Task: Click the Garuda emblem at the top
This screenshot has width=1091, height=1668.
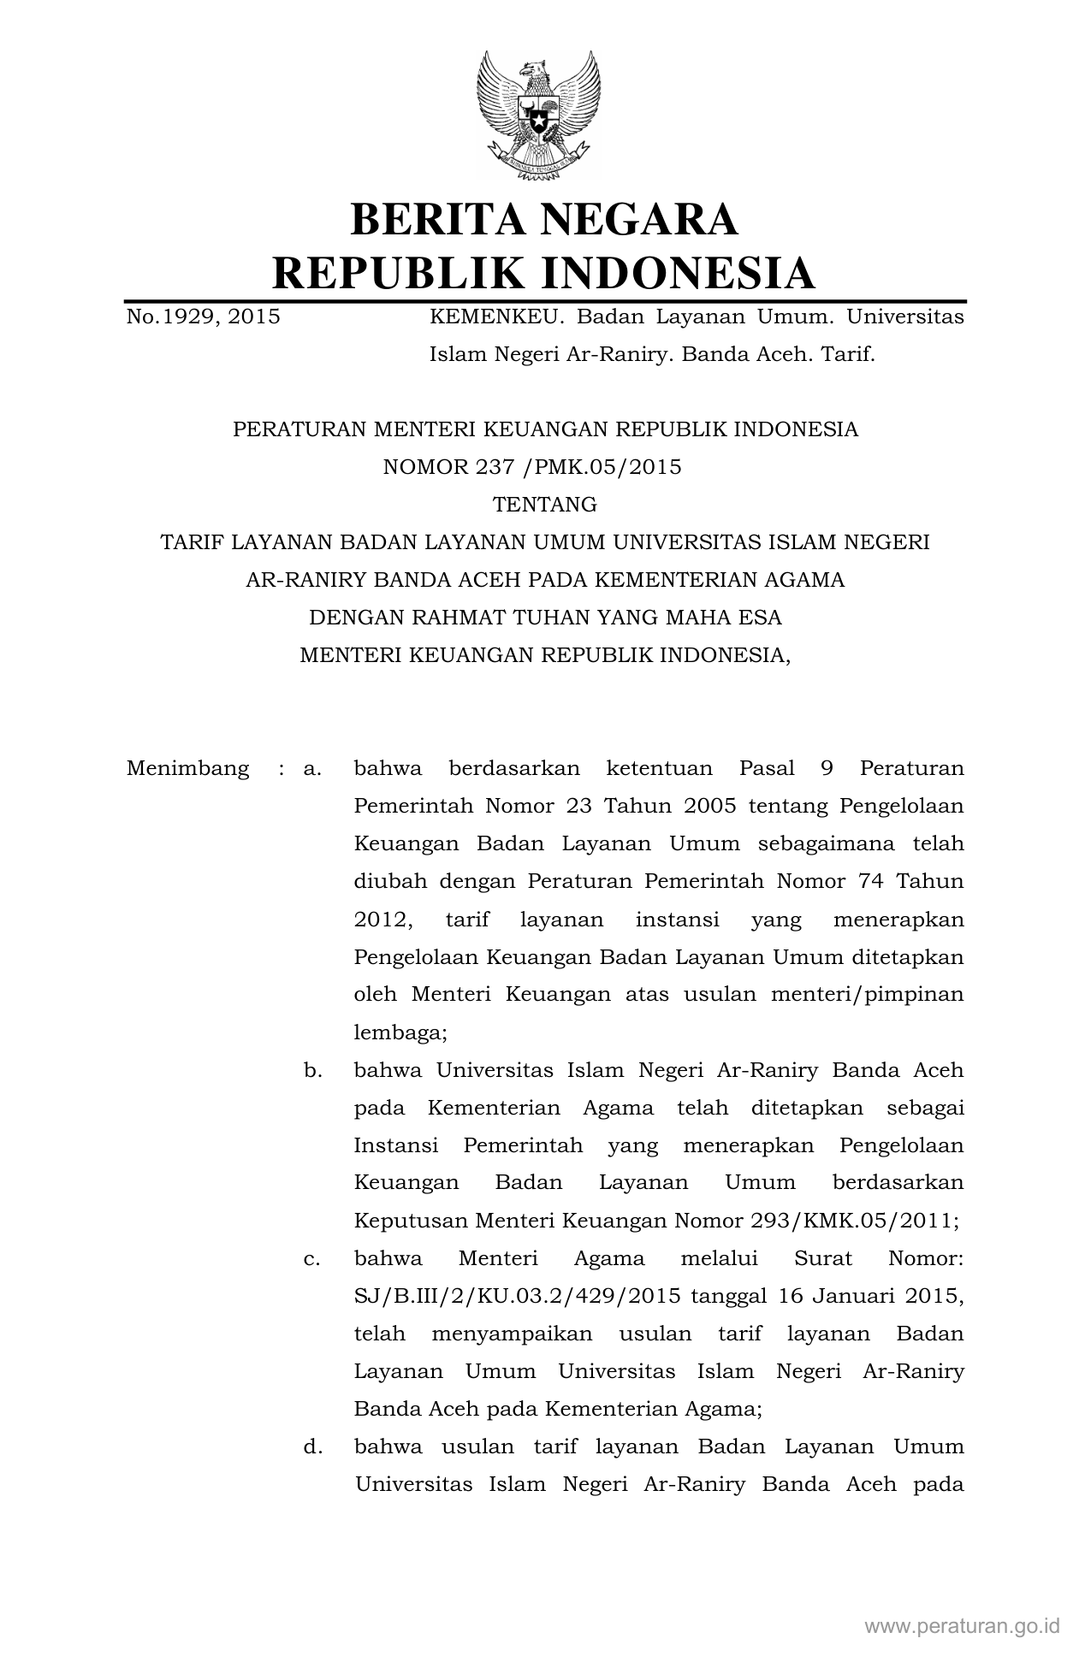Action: [x=539, y=114]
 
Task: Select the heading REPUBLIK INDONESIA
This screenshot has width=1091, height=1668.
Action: [x=543, y=273]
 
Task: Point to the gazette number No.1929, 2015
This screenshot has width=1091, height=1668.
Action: [x=203, y=317]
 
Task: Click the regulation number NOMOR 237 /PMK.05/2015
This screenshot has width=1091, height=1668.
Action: [x=532, y=467]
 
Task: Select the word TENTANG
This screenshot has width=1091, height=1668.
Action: [x=545, y=505]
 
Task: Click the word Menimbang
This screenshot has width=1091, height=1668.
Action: [x=187, y=768]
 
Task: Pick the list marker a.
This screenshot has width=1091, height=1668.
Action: [x=311, y=768]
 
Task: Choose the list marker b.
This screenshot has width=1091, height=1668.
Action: [x=311, y=1070]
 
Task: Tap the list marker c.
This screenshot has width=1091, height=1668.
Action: [x=311, y=1258]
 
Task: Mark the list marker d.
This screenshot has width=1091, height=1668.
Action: [x=311, y=1446]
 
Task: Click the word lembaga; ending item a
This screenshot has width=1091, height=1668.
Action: [x=400, y=1032]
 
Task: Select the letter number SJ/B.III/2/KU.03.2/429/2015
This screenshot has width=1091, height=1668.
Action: [x=517, y=1296]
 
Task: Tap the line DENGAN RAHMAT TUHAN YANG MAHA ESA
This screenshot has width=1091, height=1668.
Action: [x=545, y=618]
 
